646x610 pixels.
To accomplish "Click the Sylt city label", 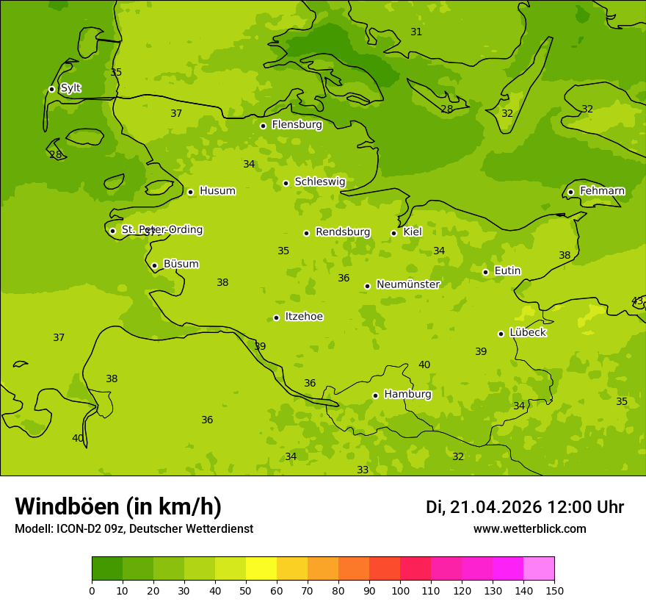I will click(x=70, y=88).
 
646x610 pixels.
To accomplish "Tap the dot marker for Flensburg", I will click(x=263, y=126).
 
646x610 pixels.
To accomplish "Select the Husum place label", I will click(x=217, y=191).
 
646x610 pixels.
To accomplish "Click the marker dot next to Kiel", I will click(x=393, y=233).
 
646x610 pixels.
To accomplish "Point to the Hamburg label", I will click(x=407, y=395).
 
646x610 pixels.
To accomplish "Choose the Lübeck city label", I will click(x=527, y=333).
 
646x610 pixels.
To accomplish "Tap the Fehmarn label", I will click(x=602, y=191).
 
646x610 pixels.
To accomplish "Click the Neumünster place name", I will click(x=407, y=285).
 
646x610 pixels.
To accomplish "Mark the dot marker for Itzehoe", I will click(x=276, y=317).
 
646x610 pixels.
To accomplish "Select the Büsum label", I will click(x=181, y=265).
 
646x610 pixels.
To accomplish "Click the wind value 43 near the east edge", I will click(x=637, y=301).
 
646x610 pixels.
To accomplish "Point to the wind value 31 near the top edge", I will click(x=416, y=32).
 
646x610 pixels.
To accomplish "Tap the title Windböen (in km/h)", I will click(x=118, y=506).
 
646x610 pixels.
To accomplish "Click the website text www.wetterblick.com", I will click(x=529, y=529).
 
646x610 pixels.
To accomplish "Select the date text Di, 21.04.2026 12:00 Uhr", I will click(x=525, y=507).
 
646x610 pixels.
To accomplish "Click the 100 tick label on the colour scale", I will click(x=400, y=590).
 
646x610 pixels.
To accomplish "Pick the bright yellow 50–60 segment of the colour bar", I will click(x=261, y=569).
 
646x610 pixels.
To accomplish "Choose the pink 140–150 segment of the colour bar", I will click(x=539, y=569).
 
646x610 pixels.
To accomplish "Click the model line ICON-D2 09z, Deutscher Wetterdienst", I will click(x=134, y=529).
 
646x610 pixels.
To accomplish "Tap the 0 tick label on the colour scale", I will click(x=92, y=590).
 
